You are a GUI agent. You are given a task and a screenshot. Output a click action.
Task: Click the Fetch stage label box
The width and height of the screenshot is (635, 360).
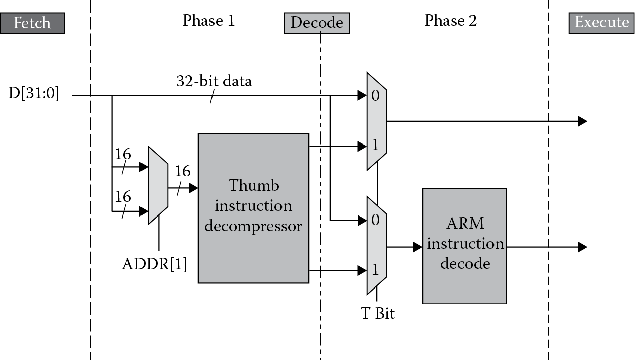33,23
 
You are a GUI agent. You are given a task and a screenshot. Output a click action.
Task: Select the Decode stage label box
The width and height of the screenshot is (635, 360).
316,23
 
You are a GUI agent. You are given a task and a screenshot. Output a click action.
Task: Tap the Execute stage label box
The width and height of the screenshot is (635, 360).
601,23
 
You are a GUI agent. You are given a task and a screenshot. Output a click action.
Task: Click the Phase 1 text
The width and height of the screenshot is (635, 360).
208,21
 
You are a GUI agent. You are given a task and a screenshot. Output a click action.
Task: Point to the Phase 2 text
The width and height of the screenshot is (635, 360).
450,21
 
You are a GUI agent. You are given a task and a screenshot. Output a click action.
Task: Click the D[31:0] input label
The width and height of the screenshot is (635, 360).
34,94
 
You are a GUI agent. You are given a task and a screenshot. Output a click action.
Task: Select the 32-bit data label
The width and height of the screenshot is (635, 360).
214,81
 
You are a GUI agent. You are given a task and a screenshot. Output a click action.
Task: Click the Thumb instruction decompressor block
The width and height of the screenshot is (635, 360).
253,208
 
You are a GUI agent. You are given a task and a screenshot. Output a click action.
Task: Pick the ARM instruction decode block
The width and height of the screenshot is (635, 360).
464,246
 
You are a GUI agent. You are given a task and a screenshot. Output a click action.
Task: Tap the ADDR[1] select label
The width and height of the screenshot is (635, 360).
154,264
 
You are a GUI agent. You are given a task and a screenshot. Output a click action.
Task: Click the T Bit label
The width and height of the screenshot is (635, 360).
378,314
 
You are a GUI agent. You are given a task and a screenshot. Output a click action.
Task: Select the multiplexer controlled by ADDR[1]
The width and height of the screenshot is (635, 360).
158,185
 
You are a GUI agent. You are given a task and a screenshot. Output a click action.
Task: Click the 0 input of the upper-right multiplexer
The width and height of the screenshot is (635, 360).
375,96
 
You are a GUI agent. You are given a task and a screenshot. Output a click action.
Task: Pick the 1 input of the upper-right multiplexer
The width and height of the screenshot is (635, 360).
375,147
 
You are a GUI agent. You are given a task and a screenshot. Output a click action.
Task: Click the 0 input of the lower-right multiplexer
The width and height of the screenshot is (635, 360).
375,220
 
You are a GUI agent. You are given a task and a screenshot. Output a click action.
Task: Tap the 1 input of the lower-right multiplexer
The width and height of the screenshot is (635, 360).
375,270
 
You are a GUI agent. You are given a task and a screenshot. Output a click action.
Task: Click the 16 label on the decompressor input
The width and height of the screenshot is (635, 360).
182,172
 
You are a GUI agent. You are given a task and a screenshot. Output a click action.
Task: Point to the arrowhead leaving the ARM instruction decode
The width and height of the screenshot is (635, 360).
582,247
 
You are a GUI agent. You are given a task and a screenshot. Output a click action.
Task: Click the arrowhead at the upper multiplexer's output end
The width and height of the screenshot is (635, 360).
582,121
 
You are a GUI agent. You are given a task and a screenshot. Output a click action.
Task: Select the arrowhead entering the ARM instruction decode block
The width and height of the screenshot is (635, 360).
417,247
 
